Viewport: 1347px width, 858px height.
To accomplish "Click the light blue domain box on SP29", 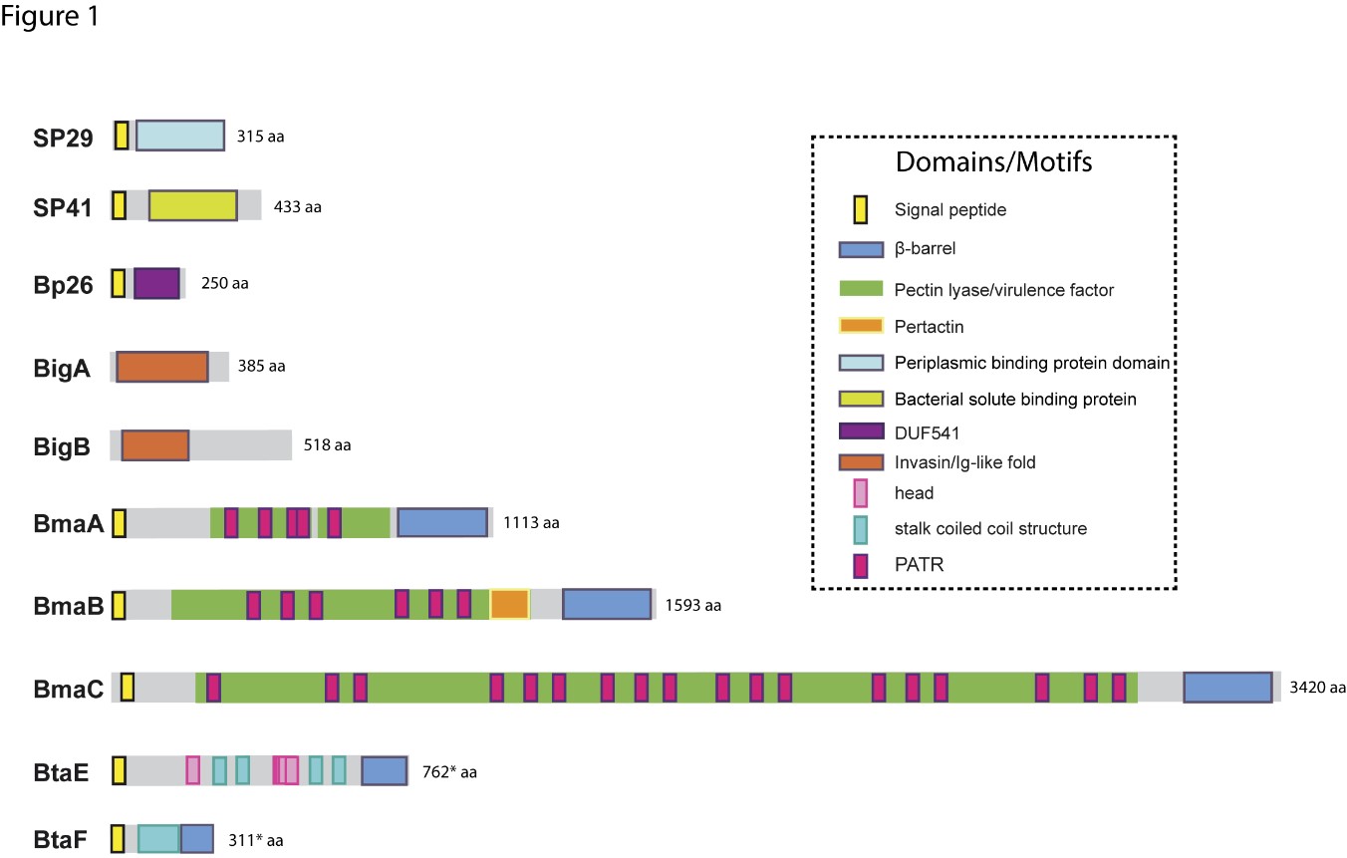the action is coord(180,136).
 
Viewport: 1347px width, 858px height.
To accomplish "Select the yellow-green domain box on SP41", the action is coord(193,205).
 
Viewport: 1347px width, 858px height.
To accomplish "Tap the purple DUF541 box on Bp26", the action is coord(156,283).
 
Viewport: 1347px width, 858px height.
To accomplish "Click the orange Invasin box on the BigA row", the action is coord(162,367).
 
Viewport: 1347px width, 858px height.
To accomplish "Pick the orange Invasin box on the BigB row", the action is coord(155,445).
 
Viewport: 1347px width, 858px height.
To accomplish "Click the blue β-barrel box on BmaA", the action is coord(442,522).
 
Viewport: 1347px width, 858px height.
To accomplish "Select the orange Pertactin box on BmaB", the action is coord(510,604).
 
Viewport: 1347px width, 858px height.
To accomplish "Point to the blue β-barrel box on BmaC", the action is coord(1227,688).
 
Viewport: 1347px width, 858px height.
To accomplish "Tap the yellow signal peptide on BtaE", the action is coord(120,771).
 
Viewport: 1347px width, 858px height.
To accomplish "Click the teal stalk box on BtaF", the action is coord(158,839).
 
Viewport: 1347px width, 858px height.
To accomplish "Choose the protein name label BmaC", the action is coord(69,689).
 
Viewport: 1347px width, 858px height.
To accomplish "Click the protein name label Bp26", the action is coord(63,285).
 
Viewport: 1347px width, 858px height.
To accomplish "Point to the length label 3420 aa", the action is coord(1317,688).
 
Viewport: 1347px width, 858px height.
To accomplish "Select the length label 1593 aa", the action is coord(692,605).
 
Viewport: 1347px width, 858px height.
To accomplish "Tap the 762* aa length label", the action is coord(449,771).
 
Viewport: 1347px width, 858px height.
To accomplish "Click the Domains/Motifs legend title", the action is coord(993,162).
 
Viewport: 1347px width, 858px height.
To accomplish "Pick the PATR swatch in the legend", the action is coord(861,565).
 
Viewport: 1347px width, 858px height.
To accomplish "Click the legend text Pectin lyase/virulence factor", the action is coord(1003,290).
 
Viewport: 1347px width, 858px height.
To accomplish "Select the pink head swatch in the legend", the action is coord(861,493).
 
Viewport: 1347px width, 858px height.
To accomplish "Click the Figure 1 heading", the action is coord(49,16).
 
